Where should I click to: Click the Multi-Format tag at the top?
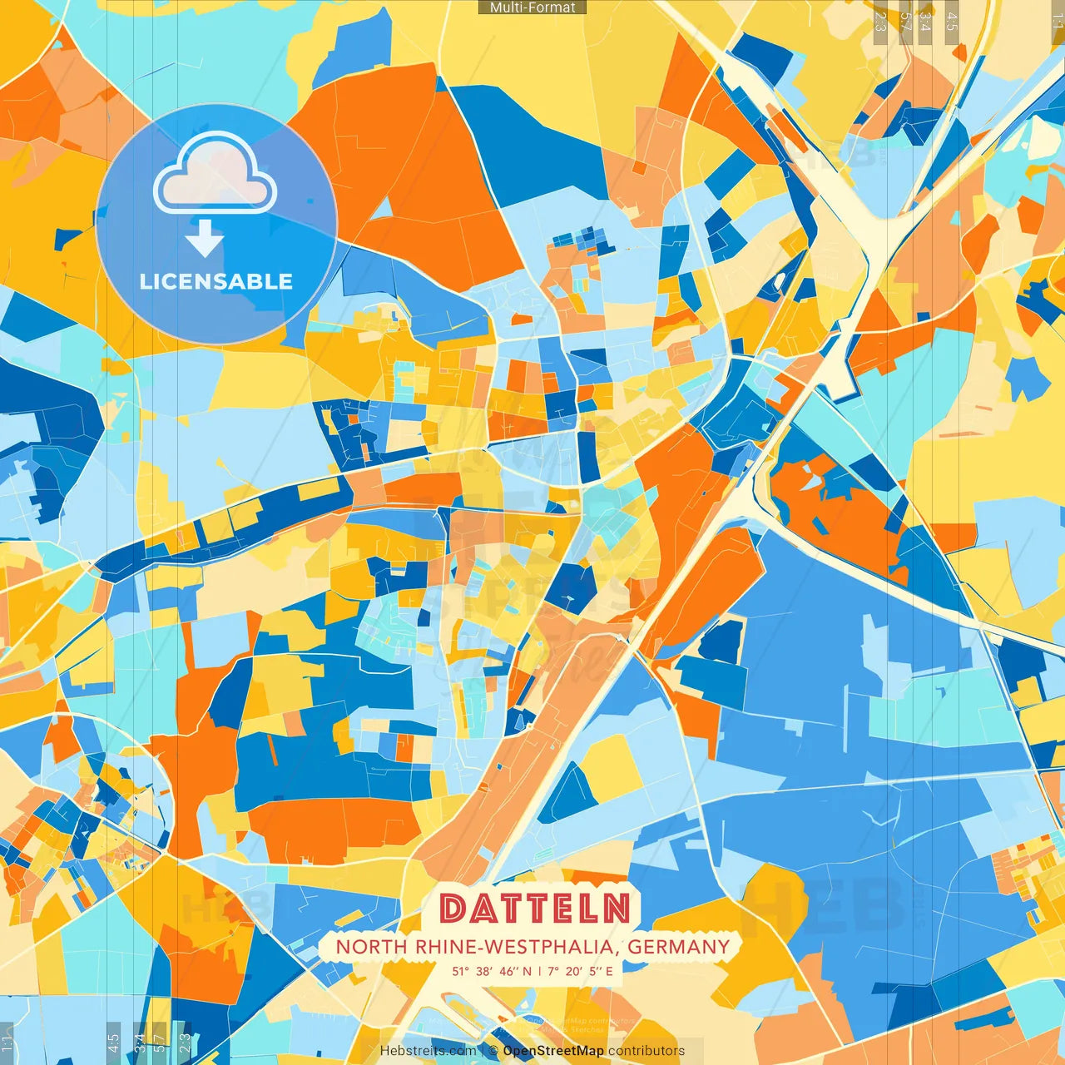(x=532, y=7)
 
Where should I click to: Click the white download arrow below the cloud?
(x=205, y=238)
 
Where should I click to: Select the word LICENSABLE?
(x=216, y=281)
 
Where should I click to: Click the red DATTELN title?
(x=534, y=909)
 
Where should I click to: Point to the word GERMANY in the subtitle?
(x=678, y=947)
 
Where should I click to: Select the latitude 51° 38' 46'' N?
(x=492, y=971)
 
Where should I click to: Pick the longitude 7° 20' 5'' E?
(x=579, y=971)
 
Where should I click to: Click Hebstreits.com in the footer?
(x=428, y=1051)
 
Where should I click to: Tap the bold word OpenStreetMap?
(x=553, y=1051)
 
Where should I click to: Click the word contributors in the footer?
(x=646, y=1051)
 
